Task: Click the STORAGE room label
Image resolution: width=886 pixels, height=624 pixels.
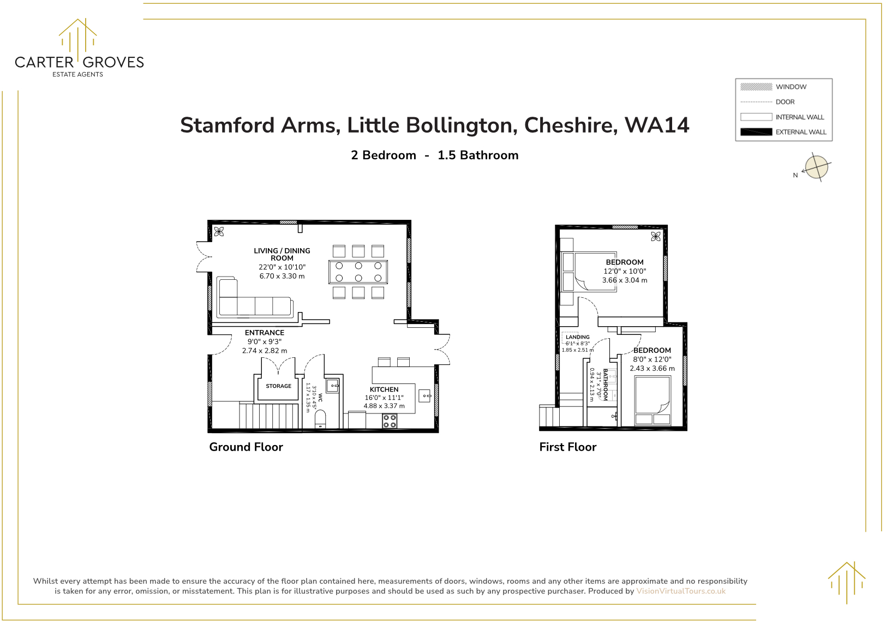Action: pos(278,386)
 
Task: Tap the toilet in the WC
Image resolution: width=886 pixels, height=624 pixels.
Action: pos(321,419)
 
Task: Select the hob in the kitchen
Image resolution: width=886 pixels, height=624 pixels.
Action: pos(390,421)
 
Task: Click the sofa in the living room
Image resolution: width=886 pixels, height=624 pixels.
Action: pos(254,305)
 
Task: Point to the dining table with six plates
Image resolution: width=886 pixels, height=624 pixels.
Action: pos(358,272)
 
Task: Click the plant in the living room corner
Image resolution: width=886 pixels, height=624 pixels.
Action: pos(219,232)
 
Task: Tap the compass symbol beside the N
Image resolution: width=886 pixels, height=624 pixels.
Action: pos(817,167)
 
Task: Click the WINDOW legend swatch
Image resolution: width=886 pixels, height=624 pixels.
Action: pos(756,87)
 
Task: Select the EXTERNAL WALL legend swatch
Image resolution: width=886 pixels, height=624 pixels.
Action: pos(756,132)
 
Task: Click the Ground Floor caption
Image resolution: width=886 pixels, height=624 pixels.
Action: pos(246,447)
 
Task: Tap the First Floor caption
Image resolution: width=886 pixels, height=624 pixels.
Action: pos(567,447)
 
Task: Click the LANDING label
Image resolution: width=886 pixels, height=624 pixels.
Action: pos(577,337)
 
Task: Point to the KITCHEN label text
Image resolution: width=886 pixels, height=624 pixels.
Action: pos(384,389)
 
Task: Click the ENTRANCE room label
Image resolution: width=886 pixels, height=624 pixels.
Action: pos(265,333)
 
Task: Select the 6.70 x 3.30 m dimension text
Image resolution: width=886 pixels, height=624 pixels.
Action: pos(282,276)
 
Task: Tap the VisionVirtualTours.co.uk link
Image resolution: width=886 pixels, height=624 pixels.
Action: pos(681,591)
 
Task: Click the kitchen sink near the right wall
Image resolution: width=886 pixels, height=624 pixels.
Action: pos(425,395)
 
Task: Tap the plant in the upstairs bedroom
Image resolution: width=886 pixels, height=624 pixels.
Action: pos(656,236)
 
